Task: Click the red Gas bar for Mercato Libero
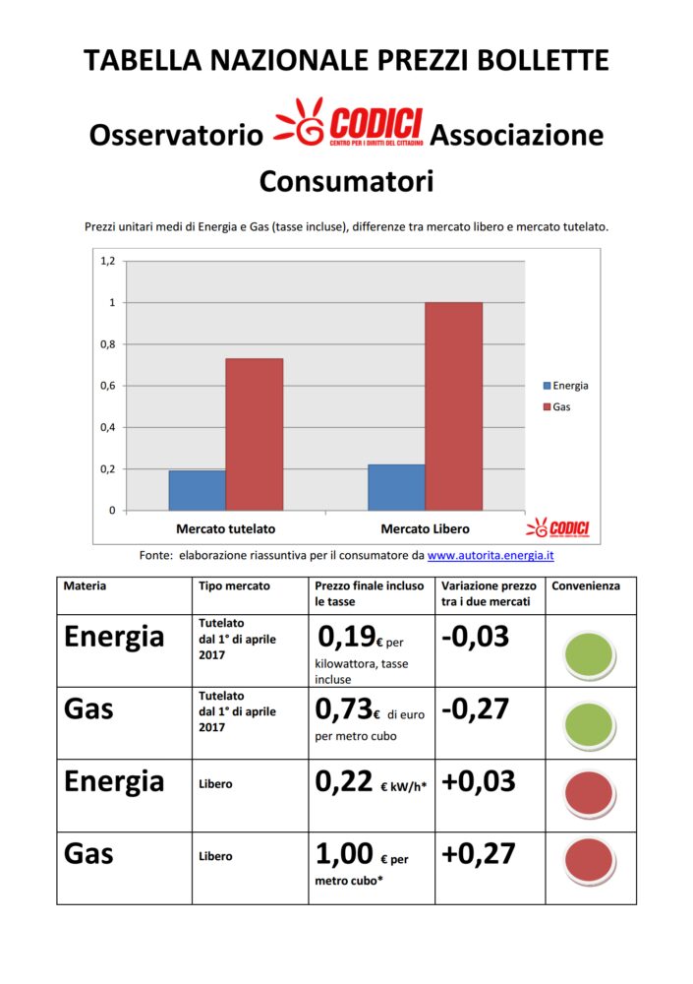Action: pyautogui.click(x=453, y=405)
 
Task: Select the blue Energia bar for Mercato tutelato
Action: pyautogui.click(x=197, y=490)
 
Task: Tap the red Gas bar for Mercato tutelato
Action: pyautogui.click(x=254, y=434)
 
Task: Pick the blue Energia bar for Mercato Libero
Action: pyautogui.click(x=396, y=487)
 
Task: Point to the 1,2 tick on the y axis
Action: pyautogui.click(x=107, y=261)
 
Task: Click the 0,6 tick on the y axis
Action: pyautogui.click(x=107, y=386)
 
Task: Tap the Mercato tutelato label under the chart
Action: pyautogui.click(x=225, y=529)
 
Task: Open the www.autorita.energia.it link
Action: pyautogui.click(x=491, y=555)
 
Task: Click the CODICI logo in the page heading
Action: pyautogui.click(x=349, y=127)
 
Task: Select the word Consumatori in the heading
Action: pyautogui.click(x=346, y=181)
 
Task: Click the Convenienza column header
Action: pyautogui.click(x=587, y=586)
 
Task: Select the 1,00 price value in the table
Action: pyautogui.click(x=345, y=852)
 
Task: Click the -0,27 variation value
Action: pyautogui.click(x=476, y=708)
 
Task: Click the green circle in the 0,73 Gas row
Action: pyautogui.click(x=590, y=725)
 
